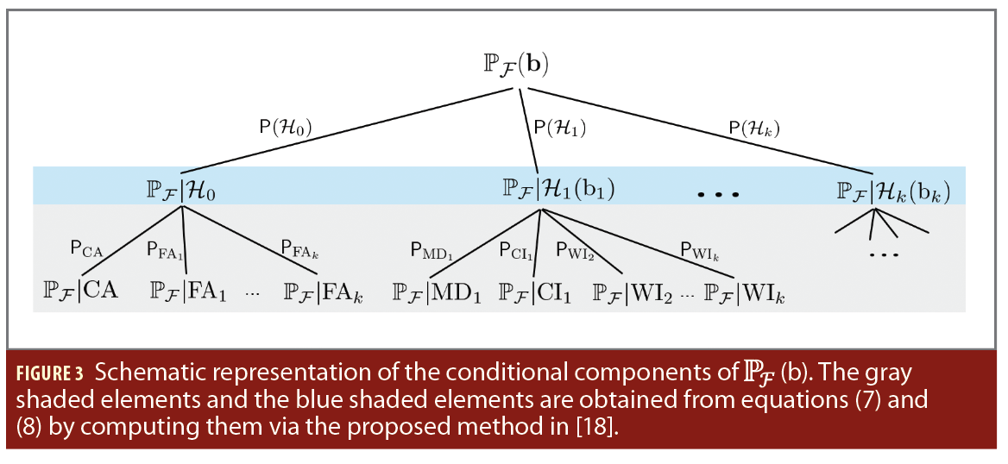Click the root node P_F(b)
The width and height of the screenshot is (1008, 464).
pyautogui.click(x=516, y=66)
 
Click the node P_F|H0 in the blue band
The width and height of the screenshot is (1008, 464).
pyautogui.click(x=180, y=188)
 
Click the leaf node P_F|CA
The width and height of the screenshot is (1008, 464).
pyautogui.click(x=80, y=291)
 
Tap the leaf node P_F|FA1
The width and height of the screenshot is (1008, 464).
pyautogui.click(x=188, y=292)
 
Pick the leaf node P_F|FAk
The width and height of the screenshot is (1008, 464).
pyautogui.click(x=323, y=292)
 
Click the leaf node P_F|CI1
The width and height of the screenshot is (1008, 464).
pyautogui.click(x=535, y=292)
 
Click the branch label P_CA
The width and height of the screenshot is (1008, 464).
pyautogui.click(x=86, y=248)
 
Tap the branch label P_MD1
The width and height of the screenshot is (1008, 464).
pyautogui.click(x=431, y=250)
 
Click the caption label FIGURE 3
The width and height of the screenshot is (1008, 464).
pyautogui.click(x=50, y=375)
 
